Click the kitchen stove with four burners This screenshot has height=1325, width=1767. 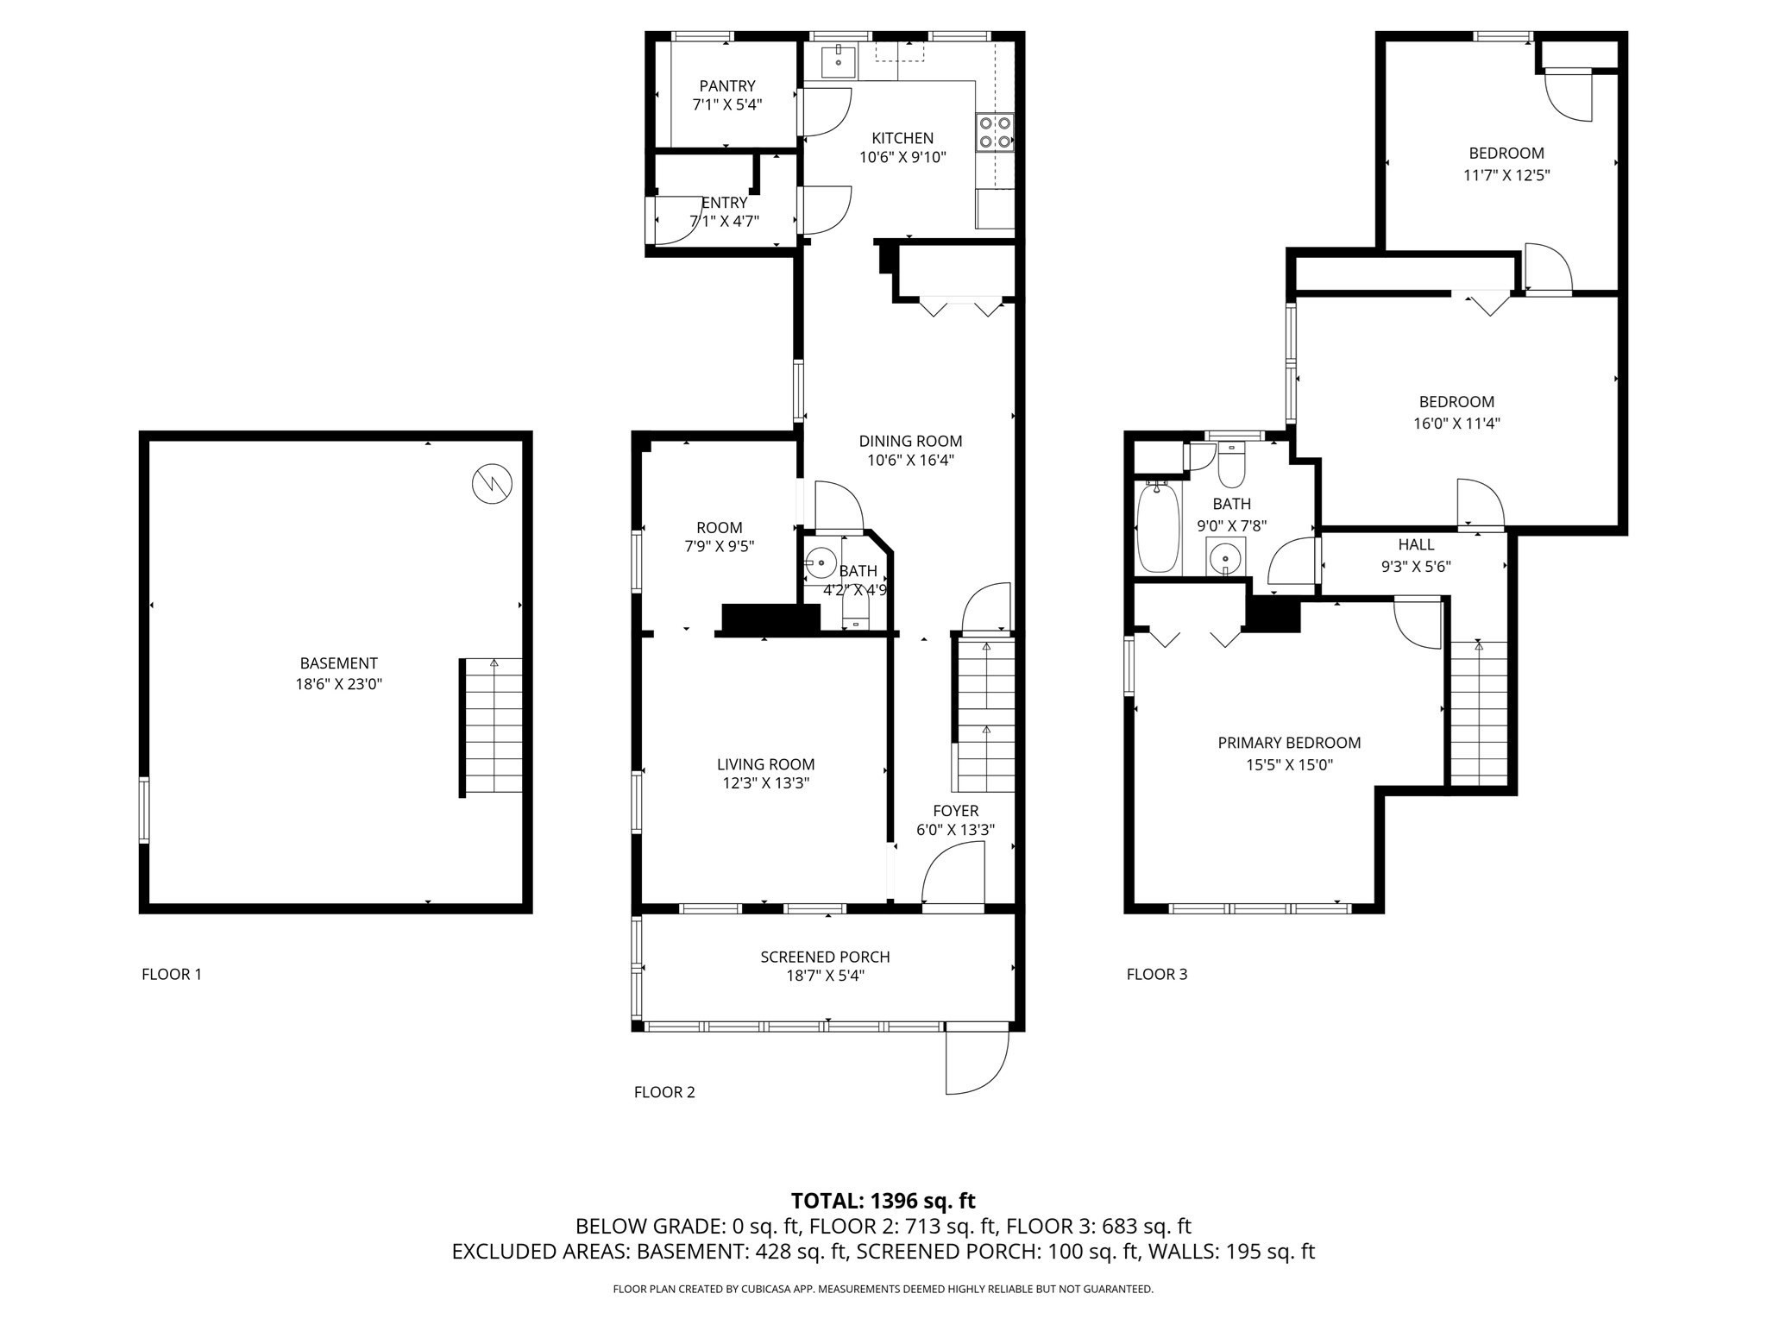(x=995, y=132)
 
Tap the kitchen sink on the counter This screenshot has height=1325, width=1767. (x=838, y=60)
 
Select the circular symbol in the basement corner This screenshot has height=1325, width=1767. (x=493, y=484)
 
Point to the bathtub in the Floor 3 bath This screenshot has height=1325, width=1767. (x=1157, y=528)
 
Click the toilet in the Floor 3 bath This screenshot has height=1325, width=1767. (x=1231, y=466)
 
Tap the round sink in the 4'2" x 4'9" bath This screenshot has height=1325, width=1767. (x=821, y=562)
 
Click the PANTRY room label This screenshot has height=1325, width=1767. (x=727, y=86)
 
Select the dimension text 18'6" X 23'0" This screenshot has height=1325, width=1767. (x=338, y=684)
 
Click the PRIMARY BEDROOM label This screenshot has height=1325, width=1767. (x=1289, y=743)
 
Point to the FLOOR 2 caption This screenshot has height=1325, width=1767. (x=664, y=1092)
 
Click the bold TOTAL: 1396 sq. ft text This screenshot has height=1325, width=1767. (x=883, y=1201)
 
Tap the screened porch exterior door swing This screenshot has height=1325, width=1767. (x=976, y=1061)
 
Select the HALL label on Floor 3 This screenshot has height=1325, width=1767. (x=1416, y=544)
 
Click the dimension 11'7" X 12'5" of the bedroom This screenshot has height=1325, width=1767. (x=1506, y=175)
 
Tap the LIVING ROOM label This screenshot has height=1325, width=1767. (x=765, y=764)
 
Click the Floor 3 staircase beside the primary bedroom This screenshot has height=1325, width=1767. (x=1479, y=713)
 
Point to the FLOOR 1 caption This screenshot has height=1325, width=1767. (x=172, y=974)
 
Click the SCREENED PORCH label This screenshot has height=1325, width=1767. (x=825, y=957)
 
